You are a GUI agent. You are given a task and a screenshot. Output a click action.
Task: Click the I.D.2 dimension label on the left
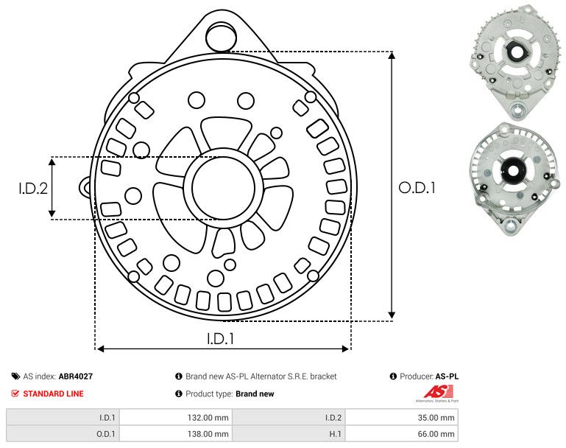[33, 189]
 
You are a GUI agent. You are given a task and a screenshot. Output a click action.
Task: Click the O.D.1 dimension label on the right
[417, 188]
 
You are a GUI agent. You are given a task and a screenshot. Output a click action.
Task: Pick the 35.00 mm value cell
[436, 417]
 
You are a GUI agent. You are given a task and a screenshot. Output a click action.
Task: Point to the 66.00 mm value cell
[436, 435]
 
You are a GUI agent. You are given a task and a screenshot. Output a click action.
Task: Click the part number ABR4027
[76, 377]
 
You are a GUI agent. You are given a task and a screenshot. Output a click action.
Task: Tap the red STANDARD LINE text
[53, 393]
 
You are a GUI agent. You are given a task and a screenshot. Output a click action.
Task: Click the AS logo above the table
[437, 392]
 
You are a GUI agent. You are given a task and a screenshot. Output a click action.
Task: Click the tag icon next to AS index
[15, 377]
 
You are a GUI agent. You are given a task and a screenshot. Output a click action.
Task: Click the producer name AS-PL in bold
[447, 377]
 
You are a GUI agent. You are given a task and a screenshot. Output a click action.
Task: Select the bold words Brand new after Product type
[255, 393]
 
